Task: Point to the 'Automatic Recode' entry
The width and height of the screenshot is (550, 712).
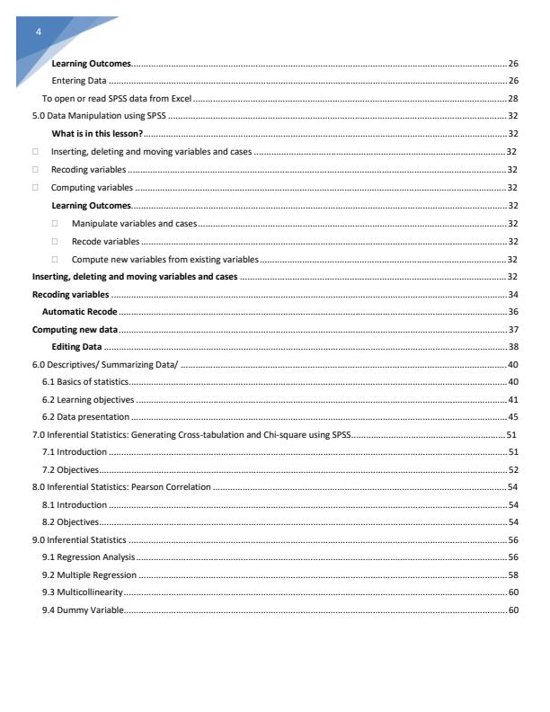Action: [79, 311]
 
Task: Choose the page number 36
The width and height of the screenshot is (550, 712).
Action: [512, 311]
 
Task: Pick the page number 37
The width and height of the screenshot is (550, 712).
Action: [512, 329]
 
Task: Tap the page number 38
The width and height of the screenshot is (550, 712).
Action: [512, 346]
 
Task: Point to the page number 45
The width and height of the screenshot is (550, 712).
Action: [512, 417]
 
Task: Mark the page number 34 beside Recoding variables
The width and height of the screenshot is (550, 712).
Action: [512, 294]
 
